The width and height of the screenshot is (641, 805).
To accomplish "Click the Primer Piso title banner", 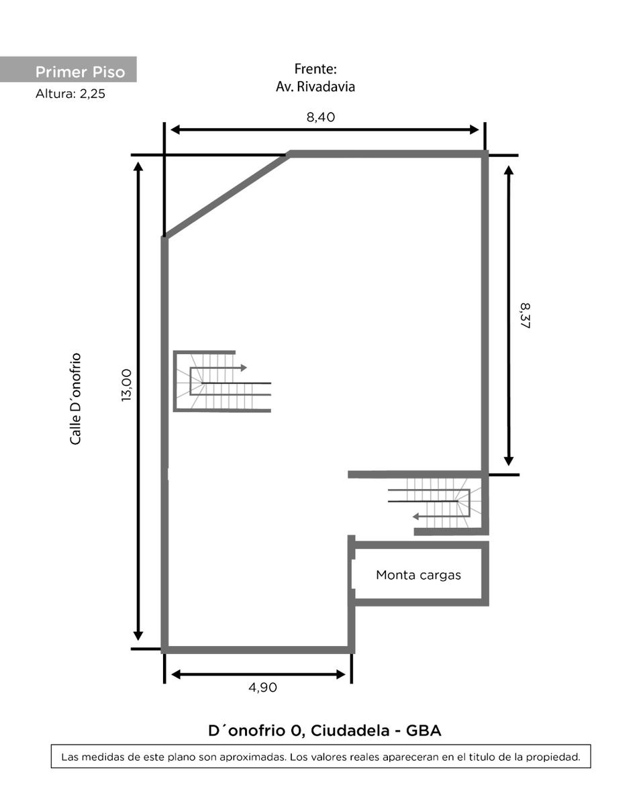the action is point(68,69).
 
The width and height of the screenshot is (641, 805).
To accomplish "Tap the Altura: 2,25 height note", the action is point(70,93).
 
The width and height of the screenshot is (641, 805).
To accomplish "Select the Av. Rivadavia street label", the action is point(315,87).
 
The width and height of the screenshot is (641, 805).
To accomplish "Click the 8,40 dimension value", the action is point(321,117).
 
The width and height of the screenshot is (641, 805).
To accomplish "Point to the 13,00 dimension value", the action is point(127,385).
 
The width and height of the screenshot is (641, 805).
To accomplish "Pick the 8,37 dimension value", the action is point(525,316).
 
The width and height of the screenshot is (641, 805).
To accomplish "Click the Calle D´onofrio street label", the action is point(75,398).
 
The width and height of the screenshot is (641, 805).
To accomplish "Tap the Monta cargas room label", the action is point(418,575).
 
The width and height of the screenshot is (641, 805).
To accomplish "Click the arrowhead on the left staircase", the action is point(244,368).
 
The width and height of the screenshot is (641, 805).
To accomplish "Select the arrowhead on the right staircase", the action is point(415,517).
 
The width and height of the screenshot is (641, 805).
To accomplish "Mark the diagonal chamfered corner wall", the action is point(226,195).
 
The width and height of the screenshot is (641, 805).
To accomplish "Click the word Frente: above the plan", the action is point(315,69).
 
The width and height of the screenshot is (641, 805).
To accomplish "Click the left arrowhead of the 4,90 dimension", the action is point(176,674).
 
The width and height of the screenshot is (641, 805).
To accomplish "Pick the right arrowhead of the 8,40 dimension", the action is point(475,129).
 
